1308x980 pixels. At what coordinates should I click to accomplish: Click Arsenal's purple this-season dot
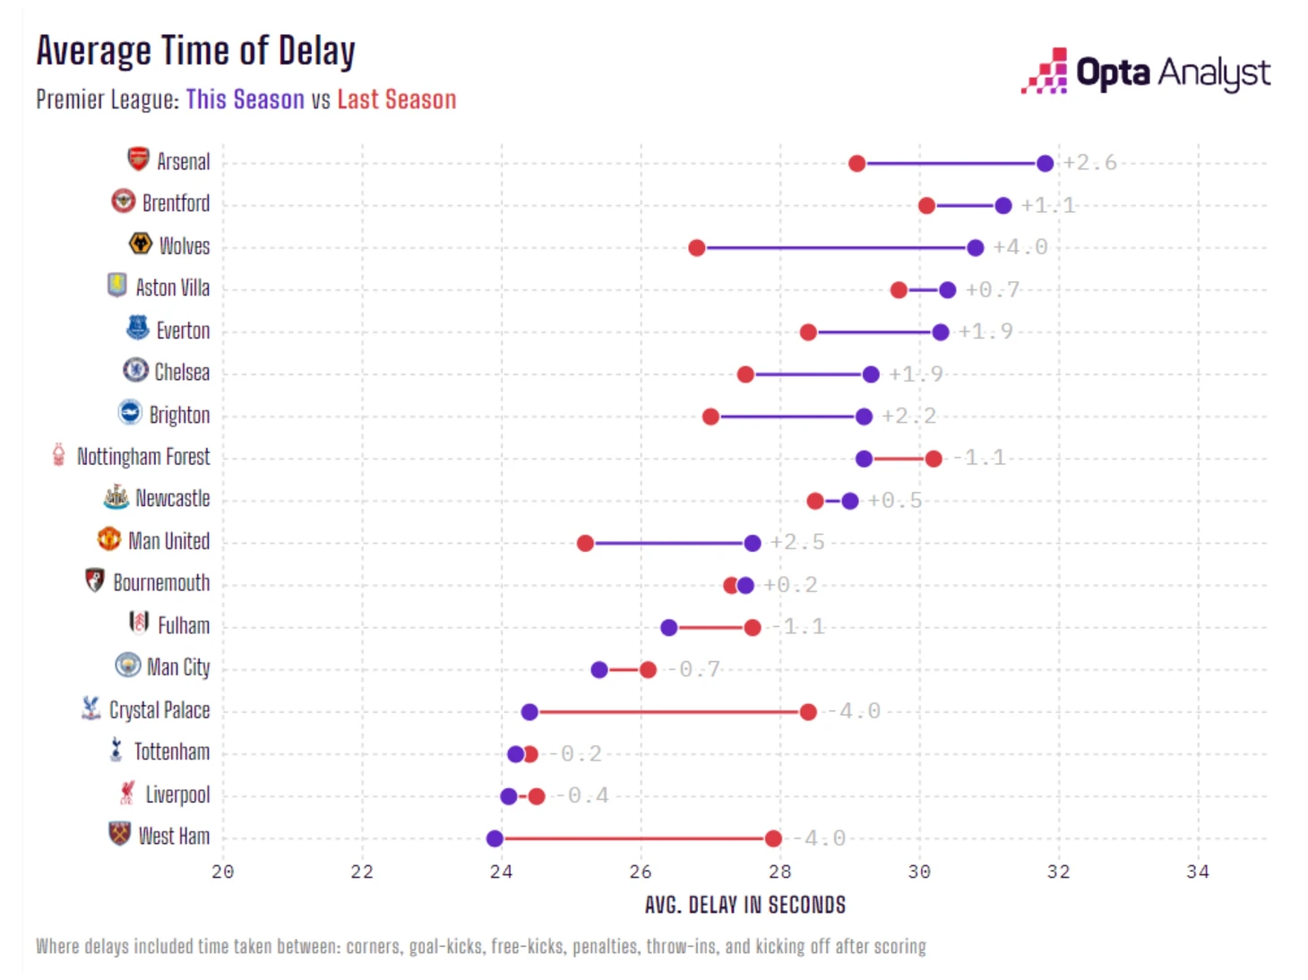pos(1045,163)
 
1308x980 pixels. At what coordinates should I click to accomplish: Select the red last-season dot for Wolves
pos(697,247)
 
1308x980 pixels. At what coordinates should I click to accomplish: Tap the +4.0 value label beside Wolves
pos(1020,247)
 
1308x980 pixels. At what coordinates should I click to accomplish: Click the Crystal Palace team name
pos(159,710)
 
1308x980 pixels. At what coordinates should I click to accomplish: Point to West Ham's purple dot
pos(495,838)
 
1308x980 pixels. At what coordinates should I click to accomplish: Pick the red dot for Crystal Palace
pos(808,712)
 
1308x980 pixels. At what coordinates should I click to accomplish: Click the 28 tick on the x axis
pos(779,872)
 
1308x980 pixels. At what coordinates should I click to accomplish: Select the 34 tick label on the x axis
pos(1198,872)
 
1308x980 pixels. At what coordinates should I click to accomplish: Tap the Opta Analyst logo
pos(1146,72)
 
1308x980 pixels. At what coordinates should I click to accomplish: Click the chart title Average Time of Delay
pos(195,51)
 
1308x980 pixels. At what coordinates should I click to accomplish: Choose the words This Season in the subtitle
pos(245,99)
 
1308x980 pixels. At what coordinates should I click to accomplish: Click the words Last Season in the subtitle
pos(396,99)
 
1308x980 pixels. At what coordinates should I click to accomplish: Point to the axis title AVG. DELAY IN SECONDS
pos(744,905)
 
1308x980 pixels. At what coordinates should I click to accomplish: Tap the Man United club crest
pos(108,539)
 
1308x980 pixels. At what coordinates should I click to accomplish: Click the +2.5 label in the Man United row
pos(796,542)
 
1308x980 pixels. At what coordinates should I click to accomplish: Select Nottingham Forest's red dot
pos(934,459)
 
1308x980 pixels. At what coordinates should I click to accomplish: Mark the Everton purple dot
pos(940,332)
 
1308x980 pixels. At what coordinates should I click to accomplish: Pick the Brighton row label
pos(179,416)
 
